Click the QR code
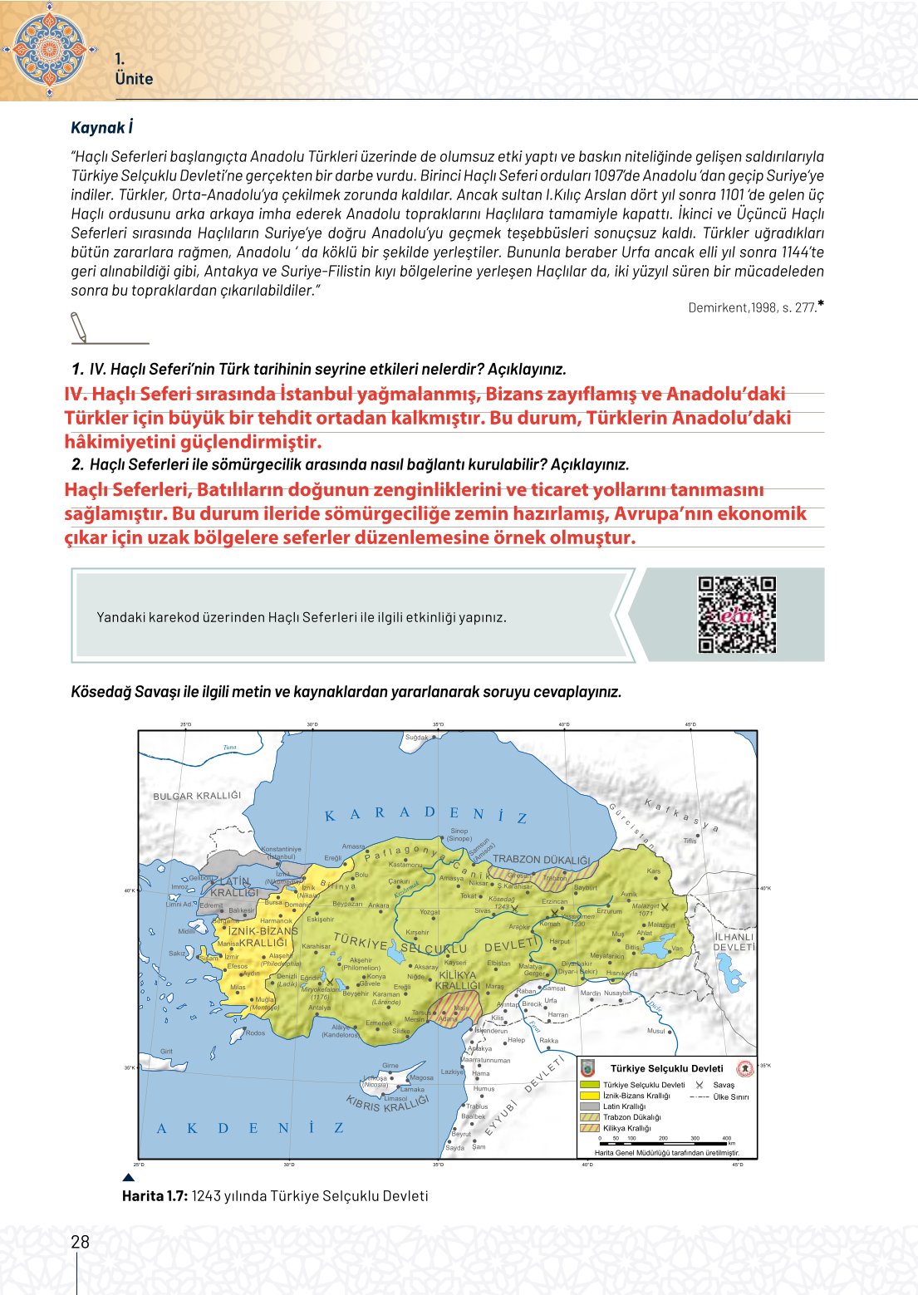click(736, 615)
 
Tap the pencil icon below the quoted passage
click(78, 326)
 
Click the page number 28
click(80, 1242)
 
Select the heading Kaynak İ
click(101, 127)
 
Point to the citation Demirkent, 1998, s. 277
click(753, 307)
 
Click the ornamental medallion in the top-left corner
click(50, 47)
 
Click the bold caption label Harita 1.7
click(155, 1196)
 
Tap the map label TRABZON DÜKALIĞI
click(541, 860)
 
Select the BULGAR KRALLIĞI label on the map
click(197, 796)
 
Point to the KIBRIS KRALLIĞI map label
click(387, 1103)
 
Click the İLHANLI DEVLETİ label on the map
click(734, 942)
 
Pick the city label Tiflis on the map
click(690, 841)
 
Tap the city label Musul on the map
click(656, 1031)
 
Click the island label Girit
click(166, 1051)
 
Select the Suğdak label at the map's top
click(417, 738)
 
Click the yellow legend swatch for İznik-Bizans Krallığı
click(590, 1096)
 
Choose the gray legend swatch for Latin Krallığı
click(590, 1106)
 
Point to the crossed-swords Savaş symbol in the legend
click(700, 1085)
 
